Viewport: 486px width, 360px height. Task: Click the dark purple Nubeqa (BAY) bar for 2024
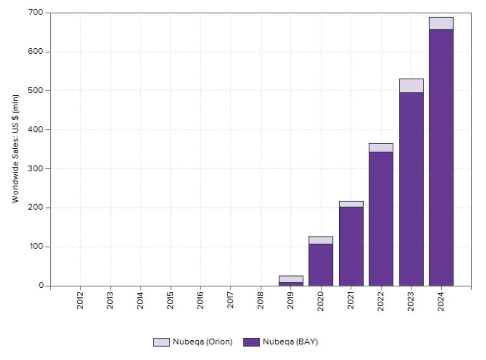click(x=441, y=157)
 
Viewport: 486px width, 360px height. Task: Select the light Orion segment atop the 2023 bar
click(x=411, y=85)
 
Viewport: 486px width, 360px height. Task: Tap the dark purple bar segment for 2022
click(x=381, y=219)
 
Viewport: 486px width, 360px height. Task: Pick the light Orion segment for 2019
click(x=291, y=279)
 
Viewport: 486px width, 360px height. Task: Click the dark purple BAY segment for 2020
click(x=321, y=264)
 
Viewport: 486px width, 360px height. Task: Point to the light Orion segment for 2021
click(x=351, y=204)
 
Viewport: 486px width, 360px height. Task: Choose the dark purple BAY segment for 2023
click(x=411, y=189)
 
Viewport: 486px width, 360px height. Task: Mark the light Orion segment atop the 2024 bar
click(x=441, y=24)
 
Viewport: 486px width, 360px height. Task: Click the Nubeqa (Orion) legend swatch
click(x=161, y=342)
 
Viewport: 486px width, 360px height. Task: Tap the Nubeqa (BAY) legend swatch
click(x=251, y=342)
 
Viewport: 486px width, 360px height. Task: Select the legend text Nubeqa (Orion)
click(x=202, y=342)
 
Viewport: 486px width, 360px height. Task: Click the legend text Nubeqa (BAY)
click(x=290, y=342)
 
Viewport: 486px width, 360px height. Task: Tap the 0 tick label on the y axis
click(x=41, y=286)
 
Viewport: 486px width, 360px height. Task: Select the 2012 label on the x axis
click(x=80, y=301)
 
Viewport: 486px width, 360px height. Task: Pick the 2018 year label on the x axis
click(x=260, y=301)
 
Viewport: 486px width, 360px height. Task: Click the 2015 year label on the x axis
click(x=170, y=301)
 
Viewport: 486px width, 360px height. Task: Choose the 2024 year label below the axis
click(x=441, y=301)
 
